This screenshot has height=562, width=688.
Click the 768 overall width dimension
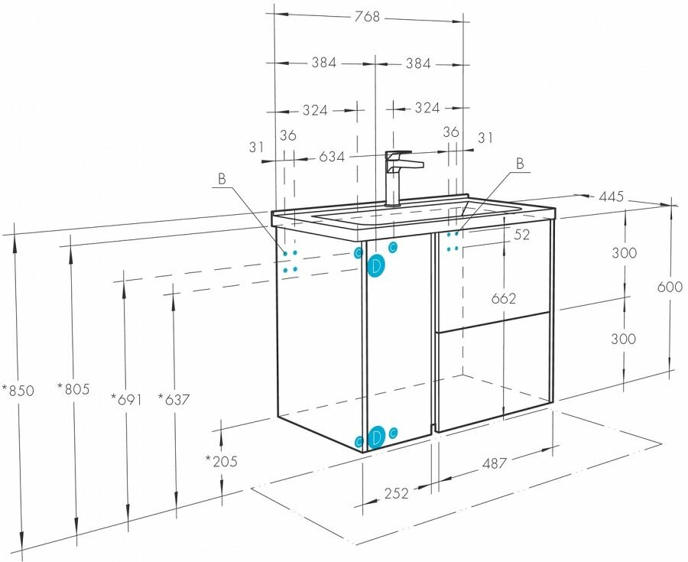click(368, 18)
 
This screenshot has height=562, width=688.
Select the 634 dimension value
click(331, 158)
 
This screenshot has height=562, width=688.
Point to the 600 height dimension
click(670, 287)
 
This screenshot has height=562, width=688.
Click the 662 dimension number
click(505, 298)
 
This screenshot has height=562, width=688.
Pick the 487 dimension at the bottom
click(496, 463)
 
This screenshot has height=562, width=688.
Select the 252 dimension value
click(396, 494)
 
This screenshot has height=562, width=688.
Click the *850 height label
click(18, 390)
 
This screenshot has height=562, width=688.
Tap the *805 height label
click(73, 389)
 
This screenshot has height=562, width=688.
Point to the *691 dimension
click(126, 398)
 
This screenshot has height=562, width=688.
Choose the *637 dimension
click(174, 398)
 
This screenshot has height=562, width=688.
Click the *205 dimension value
click(221, 461)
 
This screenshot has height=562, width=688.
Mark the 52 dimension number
click(522, 236)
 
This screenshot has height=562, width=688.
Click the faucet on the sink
click(398, 177)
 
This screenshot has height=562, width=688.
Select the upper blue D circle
click(376, 267)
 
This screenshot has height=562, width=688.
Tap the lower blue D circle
click(376, 438)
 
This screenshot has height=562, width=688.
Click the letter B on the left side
click(222, 179)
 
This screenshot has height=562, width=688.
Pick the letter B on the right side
click(520, 163)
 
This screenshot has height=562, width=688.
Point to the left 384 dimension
click(324, 63)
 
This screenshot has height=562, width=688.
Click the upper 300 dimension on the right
click(625, 253)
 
